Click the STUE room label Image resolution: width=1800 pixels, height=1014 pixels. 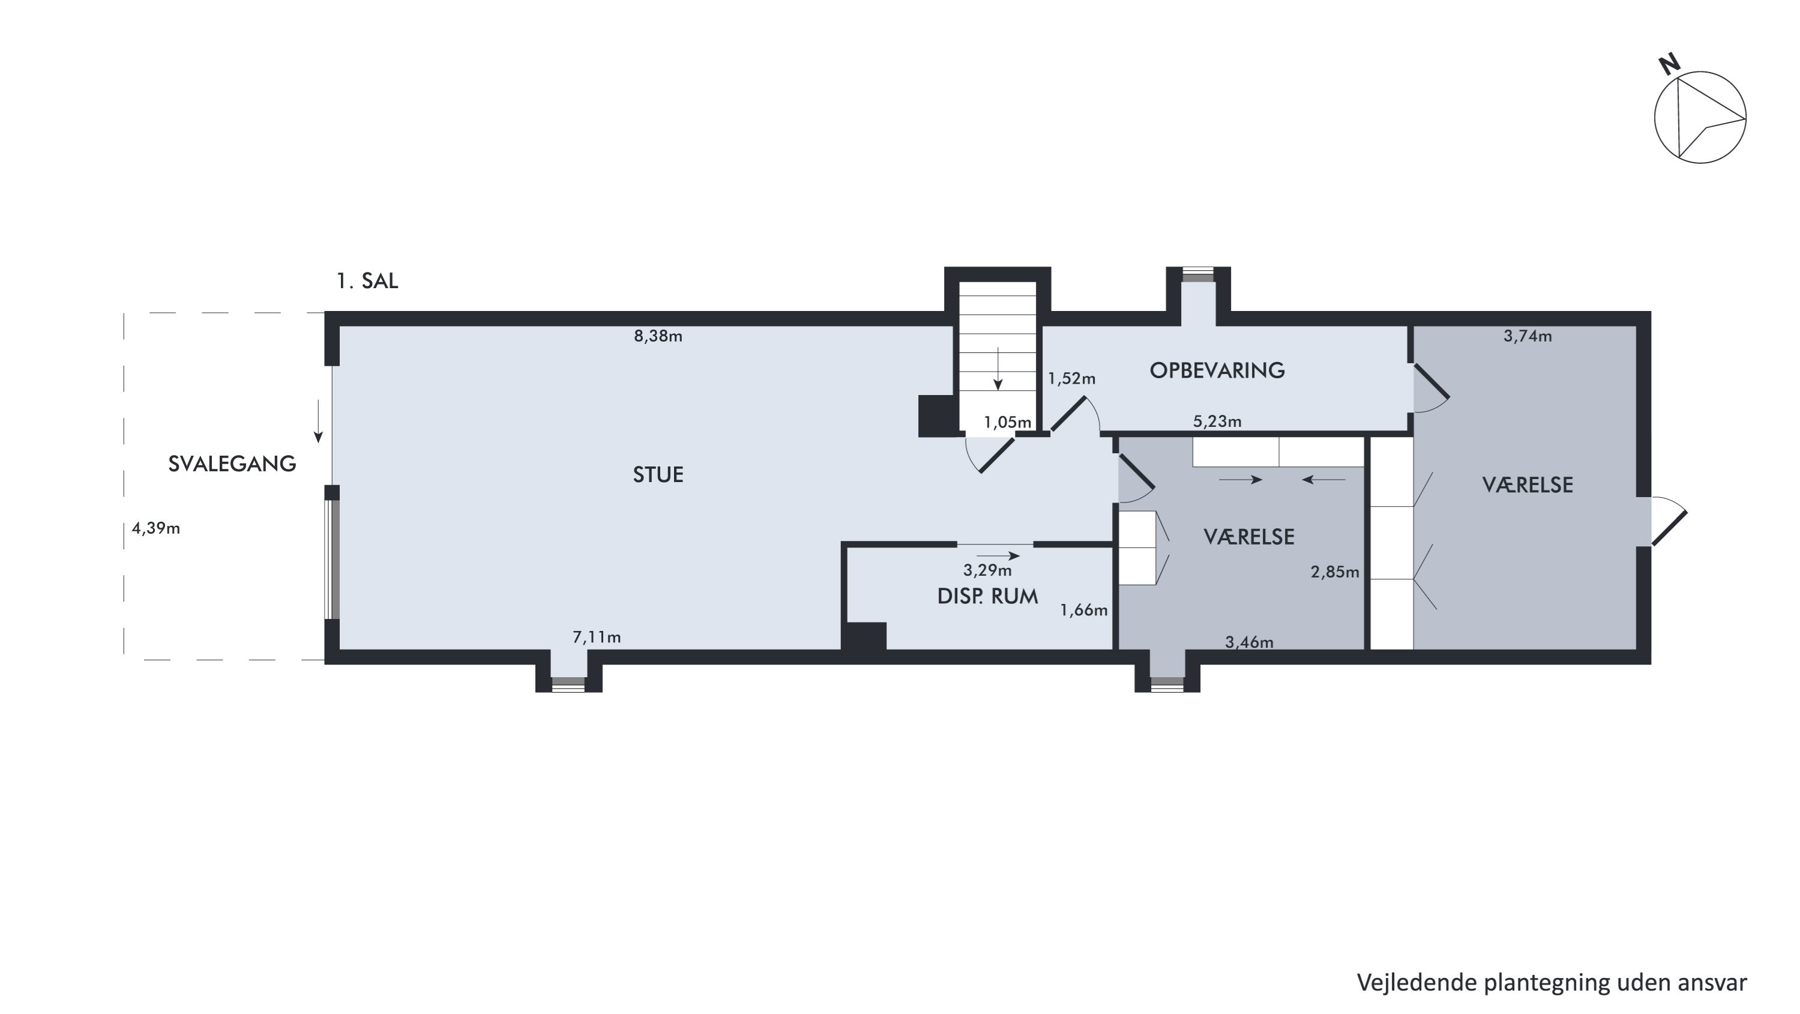[x=658, y=475]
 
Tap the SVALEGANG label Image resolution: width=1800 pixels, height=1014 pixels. [x=232, y=464]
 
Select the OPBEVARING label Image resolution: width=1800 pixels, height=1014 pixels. [x=1217, y=370]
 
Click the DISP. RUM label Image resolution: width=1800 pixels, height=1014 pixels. [x=987, y=596]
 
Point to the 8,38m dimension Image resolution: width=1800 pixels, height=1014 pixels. [x=658, y=336]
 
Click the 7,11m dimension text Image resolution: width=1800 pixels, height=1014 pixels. [x=597, y=638]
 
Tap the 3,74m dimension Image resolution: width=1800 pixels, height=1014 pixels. [x=1528, y=336]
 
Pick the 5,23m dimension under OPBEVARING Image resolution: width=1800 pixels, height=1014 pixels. [x=1217, y=421]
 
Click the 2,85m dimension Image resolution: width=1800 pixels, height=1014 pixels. [x=1335, y=572]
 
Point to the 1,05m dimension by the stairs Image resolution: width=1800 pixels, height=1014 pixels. [x=1008, y=422]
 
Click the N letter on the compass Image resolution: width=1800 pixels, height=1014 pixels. [x=1669, y=65]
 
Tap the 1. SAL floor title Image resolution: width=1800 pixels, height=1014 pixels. [x=367, y=281]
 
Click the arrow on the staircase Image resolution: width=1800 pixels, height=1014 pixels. [x=998, y=368]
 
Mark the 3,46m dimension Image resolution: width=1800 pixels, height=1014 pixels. [x=1250, y=642]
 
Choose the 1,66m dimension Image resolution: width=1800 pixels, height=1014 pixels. [x=1084, y=610]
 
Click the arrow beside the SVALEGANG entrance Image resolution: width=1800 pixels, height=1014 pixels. [x=318, y=421]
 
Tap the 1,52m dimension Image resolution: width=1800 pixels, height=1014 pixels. [x=1072, y=379]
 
